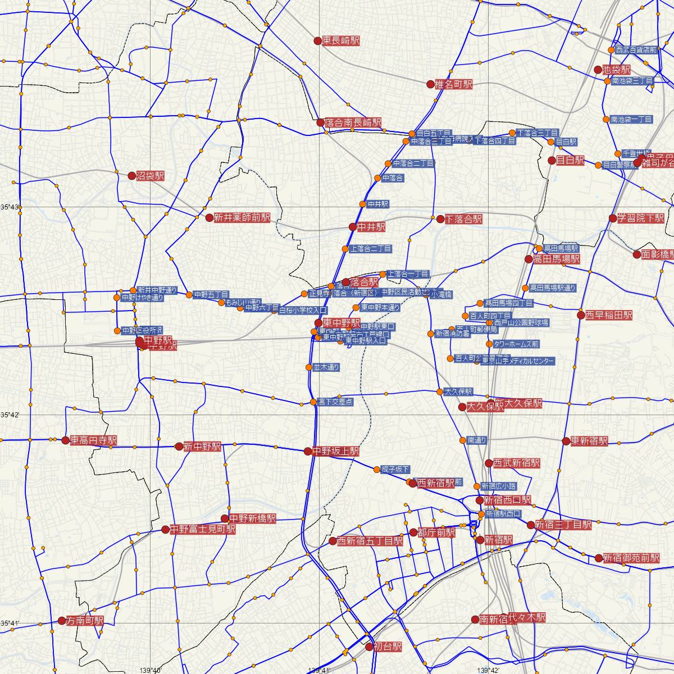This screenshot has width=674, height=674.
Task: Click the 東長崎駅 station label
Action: point(341,40)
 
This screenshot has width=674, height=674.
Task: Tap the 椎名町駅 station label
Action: point(454,85)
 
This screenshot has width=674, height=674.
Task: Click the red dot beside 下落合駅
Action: point(440,219)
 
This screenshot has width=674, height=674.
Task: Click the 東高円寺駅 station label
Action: point(93,441)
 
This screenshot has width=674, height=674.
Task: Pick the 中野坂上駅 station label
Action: point(335,451)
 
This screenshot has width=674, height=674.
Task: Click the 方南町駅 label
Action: point(85,621)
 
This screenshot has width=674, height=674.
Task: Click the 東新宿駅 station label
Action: point(589,441)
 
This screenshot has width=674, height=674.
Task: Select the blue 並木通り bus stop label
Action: point(326,367)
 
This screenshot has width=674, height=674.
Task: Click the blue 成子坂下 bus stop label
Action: point(395,470)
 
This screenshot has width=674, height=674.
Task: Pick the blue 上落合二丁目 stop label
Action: point(371,248)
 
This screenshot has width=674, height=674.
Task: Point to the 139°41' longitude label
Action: point(319,670)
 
